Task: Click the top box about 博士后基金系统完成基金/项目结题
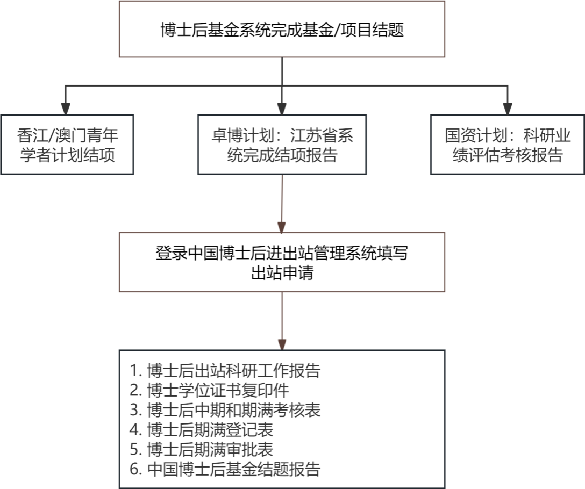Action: [x=282, y=29]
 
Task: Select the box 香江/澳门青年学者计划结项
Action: [x=67, y=145]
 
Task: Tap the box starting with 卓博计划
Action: [x=282, y=145]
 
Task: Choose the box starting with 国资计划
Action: [x=508, y=145]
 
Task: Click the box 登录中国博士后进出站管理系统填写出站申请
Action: [x=282, y=262]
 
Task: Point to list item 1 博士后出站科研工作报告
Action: [x=225, y=370]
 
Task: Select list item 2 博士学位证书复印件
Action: [x=209, y=390]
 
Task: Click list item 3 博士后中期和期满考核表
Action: [x=225, y=410]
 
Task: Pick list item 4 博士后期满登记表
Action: [x=202, y=430]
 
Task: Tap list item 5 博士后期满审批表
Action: [x=202, y=449]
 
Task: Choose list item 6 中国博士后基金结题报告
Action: [x=225, y=469]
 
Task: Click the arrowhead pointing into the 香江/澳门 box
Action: [x=66, y=108]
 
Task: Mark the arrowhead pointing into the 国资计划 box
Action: [x=508, y=108]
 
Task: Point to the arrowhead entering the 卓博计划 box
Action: [x=282, y=108]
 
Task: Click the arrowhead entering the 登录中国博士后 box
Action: [x=282, y=227]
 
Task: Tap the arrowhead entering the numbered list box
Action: [x=282, y=344]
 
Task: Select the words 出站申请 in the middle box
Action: [x=282, y=272]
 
